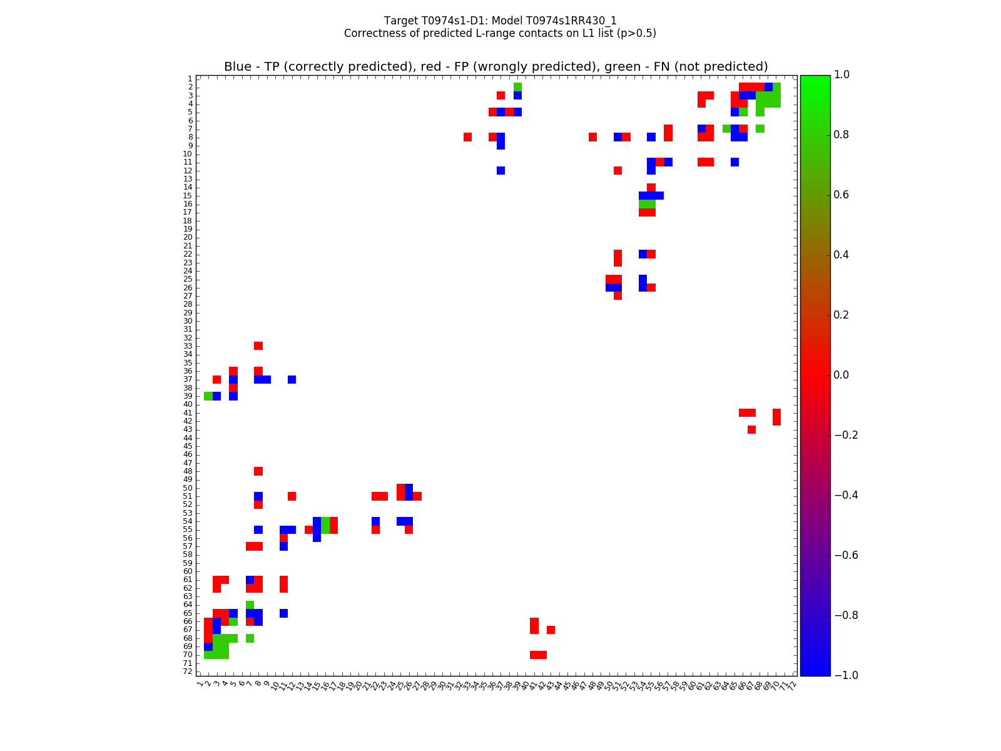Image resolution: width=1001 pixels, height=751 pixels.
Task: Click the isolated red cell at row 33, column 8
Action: tap(258, 346)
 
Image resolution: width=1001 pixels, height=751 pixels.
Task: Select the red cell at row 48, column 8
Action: tap(258, 471)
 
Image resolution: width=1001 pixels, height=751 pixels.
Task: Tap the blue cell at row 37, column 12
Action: tap(292, 379)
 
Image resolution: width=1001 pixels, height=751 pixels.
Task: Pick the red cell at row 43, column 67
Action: tap(751, 429)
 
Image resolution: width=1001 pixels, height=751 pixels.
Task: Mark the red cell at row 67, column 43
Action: tap(551, 630)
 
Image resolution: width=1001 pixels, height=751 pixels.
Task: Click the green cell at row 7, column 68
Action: tap(760, 129)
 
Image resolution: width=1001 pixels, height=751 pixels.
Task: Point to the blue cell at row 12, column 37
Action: tap(500, 170)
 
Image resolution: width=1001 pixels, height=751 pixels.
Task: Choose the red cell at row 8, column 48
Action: tap(592, 137)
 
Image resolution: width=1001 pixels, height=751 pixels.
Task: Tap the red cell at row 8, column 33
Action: tap(467, 137)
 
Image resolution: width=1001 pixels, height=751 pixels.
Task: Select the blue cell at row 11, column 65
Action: tap(734, 162)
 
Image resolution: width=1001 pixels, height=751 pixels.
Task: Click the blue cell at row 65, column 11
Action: tap(283, 613)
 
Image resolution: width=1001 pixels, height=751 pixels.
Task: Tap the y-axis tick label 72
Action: tap(188, 672)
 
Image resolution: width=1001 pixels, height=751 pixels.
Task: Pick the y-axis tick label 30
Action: tap(188, 321)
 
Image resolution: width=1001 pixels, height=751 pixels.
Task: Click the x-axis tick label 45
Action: tap(566, 686)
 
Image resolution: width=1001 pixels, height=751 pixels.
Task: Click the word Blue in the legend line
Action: tap(238, 67)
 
